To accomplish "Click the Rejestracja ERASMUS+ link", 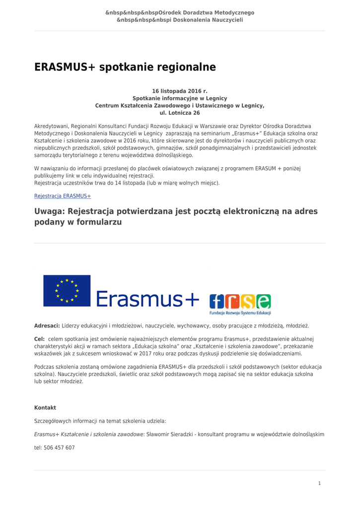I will [x=63, y=196].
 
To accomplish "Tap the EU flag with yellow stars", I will [x=67, y=291].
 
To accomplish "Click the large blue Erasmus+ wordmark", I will [x=147, y=299].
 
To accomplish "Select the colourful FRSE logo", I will [x=240, y=302].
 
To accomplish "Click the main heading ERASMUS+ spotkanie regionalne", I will [x=125, y=67].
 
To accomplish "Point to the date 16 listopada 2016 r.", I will [x=180, y=91].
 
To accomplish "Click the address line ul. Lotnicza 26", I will [x=180, y=113].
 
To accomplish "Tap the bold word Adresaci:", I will [x=47, y=326].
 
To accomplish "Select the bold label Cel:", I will [x=39, y=339].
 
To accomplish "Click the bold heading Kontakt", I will [x=45, y=408].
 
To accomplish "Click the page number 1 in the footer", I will [x=319, y=483].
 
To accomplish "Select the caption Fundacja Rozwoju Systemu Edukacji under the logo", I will [x=240, y=314].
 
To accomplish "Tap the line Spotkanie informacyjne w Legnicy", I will [x=180, y=99].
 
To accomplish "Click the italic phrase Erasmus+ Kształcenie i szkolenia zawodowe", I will [x=88, y=435].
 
